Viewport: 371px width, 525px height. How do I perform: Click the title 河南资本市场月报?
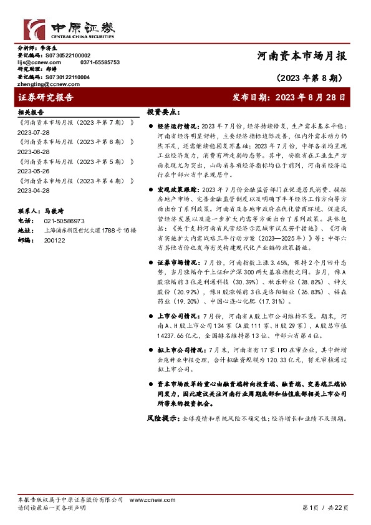pos(302,56)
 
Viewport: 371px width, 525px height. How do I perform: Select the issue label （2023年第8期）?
pos(308,79)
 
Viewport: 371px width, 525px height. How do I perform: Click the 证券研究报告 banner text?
pos(46,98)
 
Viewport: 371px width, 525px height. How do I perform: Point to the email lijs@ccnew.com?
pos(39,62)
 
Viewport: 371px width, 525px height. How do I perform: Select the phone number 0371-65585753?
pos(100,62)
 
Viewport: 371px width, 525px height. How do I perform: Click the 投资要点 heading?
pos(163,113)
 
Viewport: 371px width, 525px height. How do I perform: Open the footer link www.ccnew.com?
pos(146,500)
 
